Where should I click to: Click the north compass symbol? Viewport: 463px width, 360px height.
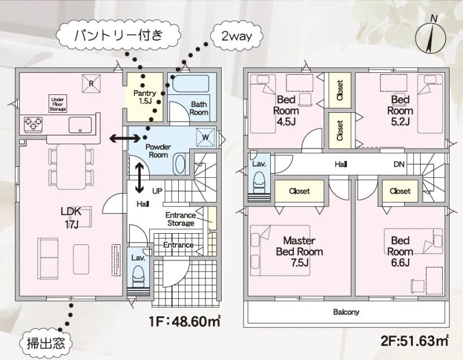(431, 38)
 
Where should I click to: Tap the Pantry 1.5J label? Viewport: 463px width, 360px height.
(145, 97)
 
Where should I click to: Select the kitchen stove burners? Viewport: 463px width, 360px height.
(34, 124)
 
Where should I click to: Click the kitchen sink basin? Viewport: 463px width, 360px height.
(80, 125)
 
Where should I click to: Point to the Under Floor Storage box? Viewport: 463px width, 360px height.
(58, 104)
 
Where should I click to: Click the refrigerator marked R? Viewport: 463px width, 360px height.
(91, 83)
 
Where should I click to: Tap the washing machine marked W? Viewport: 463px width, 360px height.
(205, 137)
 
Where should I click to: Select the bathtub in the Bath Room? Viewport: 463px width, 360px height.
(190, 84)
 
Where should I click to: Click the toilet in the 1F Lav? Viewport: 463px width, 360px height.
(138, 277)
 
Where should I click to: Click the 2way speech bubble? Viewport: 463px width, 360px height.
(237, 36)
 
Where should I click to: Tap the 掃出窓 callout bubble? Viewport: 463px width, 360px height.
(46, 344)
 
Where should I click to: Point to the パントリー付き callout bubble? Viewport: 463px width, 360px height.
(119, 36)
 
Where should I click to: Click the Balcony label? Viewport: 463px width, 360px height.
(346, 312)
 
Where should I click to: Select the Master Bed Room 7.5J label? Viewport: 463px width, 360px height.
(299, 252)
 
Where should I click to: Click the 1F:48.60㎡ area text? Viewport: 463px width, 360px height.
(185, 321)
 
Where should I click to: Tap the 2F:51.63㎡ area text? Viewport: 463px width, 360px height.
(415, 341)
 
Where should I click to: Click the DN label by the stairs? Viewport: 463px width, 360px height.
(399, 164)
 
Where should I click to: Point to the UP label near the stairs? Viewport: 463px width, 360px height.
(157, 191)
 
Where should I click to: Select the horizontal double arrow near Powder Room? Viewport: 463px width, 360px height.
(125, 138)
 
